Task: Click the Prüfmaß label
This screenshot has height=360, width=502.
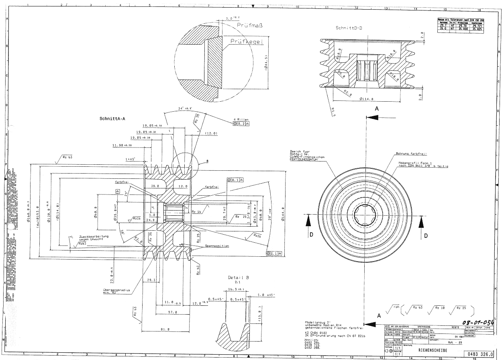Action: point(249,25)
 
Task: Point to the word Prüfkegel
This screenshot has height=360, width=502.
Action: point(246,41)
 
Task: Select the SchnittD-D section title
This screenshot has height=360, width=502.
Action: point(349,28)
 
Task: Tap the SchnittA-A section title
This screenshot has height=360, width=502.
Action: point(112,119)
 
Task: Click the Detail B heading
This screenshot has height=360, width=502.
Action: point(239,278)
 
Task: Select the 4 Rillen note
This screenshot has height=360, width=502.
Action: point(241,119)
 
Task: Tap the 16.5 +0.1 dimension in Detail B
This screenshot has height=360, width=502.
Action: point(236,289)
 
